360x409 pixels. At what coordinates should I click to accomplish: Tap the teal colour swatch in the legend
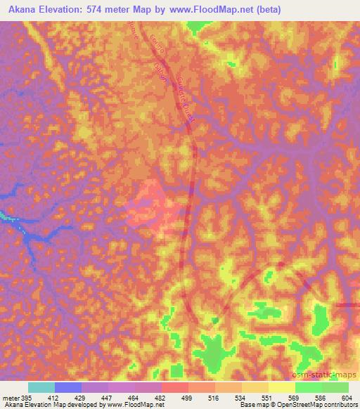click(x=41, y=387)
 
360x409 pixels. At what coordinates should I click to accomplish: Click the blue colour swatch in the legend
click(x=68, y=387)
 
